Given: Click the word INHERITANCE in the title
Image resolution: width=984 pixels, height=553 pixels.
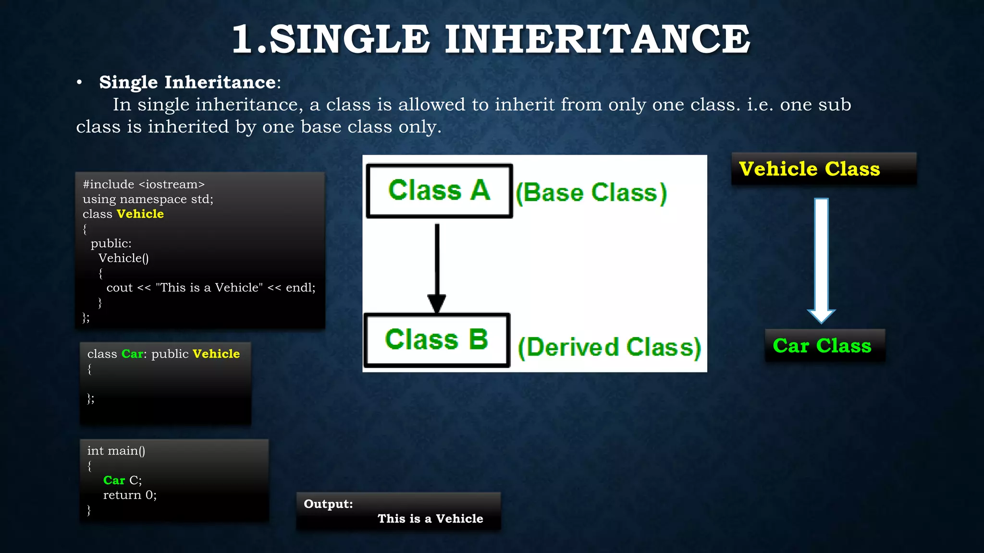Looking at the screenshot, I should [x=597, y=39].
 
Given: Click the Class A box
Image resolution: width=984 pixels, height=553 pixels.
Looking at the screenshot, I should [x=439, y=191].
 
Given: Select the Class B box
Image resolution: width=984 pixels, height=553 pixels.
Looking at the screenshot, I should [x=436, y=340].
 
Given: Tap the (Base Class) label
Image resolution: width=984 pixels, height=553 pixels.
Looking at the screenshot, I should [x=591, y=193].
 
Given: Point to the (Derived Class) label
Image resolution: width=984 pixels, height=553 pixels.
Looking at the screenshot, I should [x=609, y=347].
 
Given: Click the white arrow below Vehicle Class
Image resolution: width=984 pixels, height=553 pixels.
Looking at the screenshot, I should [x=821, y=259].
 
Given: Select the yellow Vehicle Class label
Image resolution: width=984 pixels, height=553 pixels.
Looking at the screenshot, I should [x=809, y=169].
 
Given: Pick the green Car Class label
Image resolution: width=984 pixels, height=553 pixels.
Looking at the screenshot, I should [x=822, y=346].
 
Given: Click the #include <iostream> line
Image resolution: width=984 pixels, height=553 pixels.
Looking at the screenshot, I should [x=144, y=184].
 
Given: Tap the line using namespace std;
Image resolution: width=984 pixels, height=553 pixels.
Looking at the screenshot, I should [x=148, y=199].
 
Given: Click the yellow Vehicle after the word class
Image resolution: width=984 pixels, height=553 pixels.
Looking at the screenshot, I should [x=140, y=214].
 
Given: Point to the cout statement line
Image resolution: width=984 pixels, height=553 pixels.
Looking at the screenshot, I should [x=211, y=288].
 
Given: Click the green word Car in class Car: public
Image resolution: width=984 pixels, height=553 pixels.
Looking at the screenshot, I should [x=132, y=354].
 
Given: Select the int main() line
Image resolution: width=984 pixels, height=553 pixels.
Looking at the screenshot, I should [x=116, y=451].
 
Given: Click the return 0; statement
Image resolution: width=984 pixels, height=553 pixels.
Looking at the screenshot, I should [x=130, y=495].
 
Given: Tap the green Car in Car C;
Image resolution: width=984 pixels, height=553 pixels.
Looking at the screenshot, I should [x=114, y=480].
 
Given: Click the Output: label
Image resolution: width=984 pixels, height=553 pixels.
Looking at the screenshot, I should [x=328, y=504].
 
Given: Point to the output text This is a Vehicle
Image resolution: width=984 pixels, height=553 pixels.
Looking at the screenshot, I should [x=430, y=518].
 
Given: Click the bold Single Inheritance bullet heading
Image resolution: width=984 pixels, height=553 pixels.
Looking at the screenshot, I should [x=187, y=83].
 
